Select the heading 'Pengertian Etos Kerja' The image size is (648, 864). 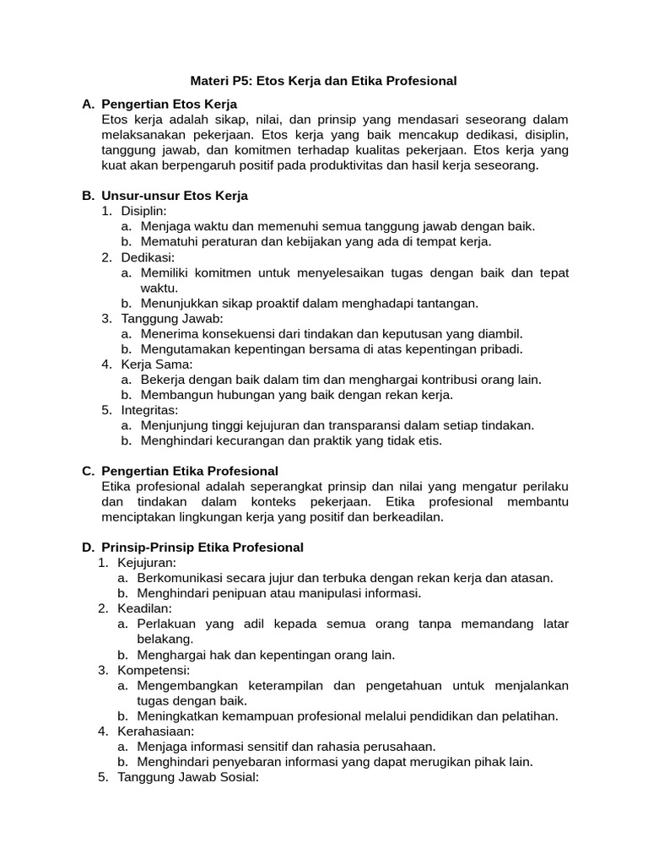169,104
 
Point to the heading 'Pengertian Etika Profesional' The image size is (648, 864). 189,471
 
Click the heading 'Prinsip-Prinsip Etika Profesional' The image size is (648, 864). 202,548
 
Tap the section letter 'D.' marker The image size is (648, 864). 88,548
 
